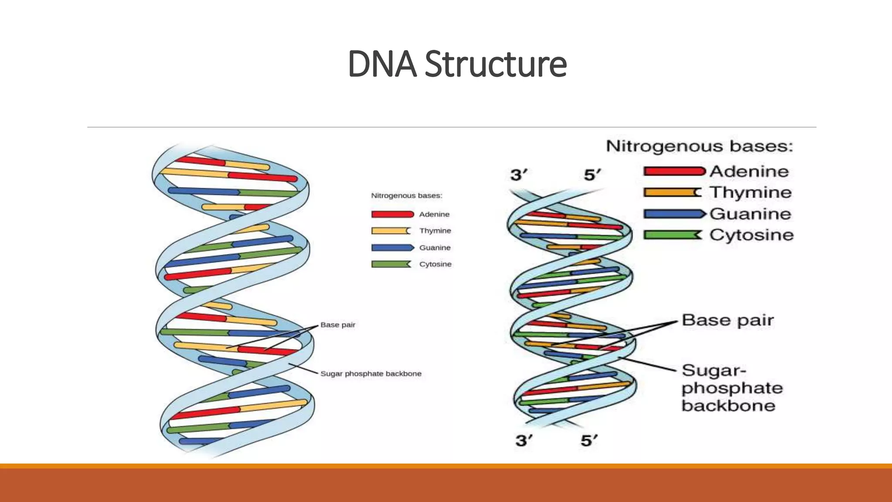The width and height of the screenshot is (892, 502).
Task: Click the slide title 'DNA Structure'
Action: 457,64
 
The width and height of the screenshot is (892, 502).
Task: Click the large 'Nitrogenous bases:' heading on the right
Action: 699,146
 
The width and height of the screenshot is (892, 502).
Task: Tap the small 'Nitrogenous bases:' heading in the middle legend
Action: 406,196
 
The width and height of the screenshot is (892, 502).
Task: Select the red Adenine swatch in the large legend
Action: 674,171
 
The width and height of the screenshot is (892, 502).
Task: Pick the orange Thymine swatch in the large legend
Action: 672,192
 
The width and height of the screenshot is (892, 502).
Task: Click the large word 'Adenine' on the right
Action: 749,171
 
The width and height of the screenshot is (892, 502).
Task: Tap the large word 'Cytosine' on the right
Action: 751,235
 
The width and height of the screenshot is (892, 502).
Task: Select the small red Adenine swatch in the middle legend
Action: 392,214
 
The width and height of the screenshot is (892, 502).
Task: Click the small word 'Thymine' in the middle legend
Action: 435,231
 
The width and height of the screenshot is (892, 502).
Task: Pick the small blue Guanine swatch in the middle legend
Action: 392,248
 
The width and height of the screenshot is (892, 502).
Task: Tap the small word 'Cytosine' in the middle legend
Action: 435,264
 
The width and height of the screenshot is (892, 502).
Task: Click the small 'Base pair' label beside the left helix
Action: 338,325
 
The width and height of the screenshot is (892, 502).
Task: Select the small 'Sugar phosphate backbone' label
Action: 371,373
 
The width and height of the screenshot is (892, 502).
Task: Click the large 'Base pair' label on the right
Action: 728,320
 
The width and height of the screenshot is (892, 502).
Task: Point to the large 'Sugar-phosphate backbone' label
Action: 732,388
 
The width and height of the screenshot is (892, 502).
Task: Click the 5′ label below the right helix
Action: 589,441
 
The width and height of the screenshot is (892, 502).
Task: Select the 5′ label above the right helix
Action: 592,175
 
